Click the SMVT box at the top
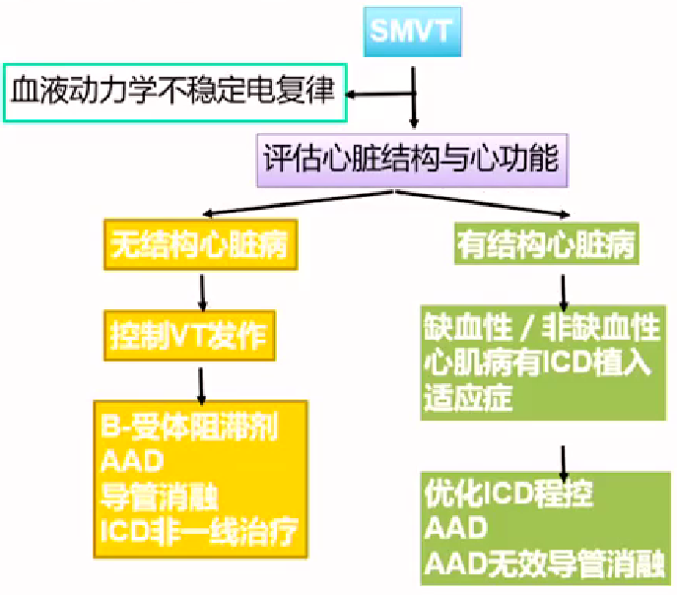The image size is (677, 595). point(412,33)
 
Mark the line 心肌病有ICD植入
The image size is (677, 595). point(537,363)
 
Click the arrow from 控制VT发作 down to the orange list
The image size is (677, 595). point(201,380)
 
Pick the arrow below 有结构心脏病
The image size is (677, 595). point(564,291)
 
